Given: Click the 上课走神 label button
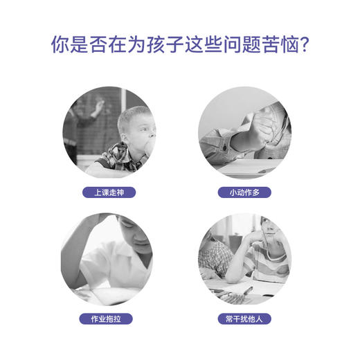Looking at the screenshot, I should [x=108, y=191].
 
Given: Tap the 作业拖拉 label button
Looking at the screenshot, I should [x=108, y=319].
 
